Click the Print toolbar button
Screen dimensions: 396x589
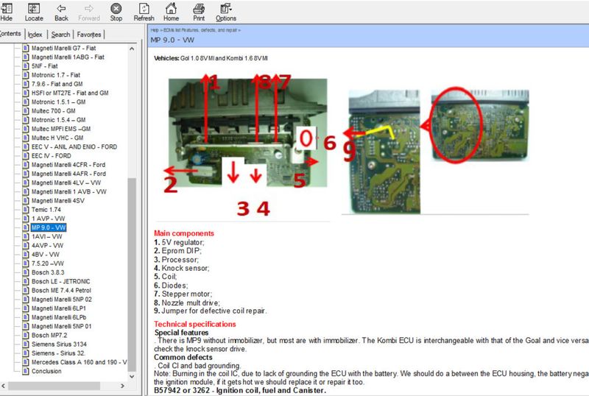pos(198,11)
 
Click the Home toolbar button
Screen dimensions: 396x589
pos(171,11)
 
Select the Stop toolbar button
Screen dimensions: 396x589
pos(116,11)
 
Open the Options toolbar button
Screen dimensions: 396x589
pos(226,11)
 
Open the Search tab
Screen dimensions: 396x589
pos(60,35)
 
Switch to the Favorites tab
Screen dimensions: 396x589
pos(89,35)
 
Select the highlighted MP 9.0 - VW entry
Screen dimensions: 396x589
pos(49,227)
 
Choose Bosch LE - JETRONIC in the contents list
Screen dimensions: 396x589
pos(61,281)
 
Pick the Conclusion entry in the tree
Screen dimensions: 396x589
pos(46,371)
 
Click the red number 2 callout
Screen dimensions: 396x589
pos(170,184)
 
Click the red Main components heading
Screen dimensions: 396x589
pos(184,233)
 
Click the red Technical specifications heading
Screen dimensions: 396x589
pos(195,325)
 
